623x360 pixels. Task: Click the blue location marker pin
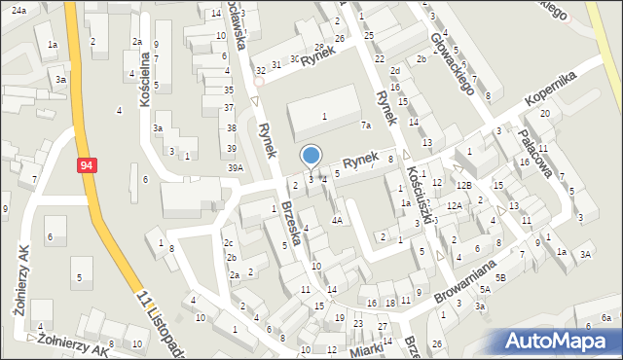[x=311, y=156]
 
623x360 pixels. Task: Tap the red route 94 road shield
[x=88, y=166]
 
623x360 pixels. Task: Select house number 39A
[x=236, y=168]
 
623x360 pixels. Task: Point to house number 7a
[x=366, y=126]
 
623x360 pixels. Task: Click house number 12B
[x=464, y=185]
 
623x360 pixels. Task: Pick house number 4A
[x=337, y=220]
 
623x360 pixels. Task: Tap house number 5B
[x=500, y=277]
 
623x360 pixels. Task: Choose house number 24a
[x=19, y=9]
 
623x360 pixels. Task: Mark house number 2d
[x=395, y=71]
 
